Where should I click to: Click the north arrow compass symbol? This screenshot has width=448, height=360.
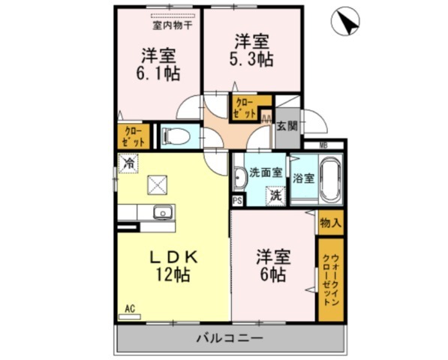point(345,22)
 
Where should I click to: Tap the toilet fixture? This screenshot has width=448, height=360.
point(176,136)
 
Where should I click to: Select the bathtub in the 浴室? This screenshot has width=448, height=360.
point(331,179)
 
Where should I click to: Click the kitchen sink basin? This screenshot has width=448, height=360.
point(163,213)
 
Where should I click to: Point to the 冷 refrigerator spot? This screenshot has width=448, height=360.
point(128,163)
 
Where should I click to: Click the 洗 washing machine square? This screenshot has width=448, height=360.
point(275,196)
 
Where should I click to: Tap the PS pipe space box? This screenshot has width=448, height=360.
point(237,200)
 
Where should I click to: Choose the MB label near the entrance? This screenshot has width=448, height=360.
point(323,145)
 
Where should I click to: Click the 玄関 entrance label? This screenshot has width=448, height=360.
point(287,126)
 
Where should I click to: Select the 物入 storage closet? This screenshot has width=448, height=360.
point(331,223)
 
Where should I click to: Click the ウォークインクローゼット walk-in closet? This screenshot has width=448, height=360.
point(331,280)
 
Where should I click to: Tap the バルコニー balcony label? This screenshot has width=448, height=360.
point(230,338)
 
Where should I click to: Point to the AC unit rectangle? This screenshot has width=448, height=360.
point(130,317)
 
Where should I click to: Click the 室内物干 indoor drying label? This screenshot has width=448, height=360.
point(173,25)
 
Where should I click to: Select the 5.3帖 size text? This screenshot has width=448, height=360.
point(251,60)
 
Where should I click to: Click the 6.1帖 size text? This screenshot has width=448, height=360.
point(158,73)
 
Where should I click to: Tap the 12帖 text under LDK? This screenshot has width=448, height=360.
point(173,274)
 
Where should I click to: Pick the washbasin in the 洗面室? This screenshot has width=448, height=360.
point(239,178)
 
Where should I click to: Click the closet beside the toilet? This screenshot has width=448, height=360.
point(134,136)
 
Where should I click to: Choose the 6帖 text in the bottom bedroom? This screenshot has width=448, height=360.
point(272,274)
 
